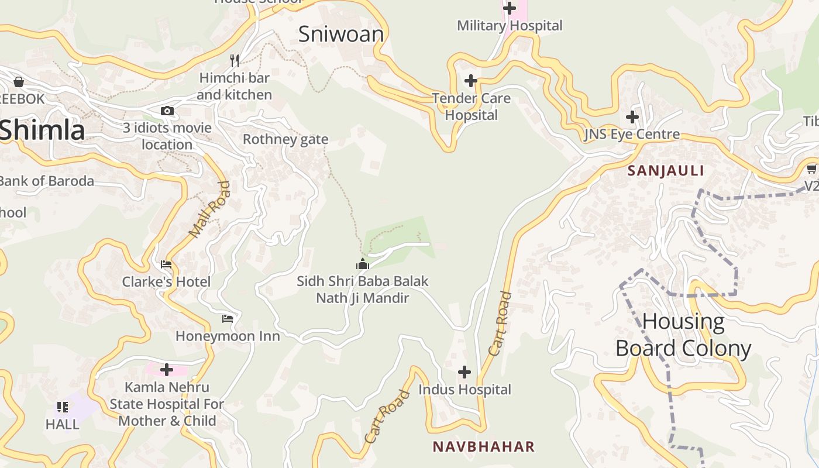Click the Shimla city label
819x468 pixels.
pos(42,130)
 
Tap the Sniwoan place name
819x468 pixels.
pos(341,34)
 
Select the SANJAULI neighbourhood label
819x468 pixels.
pos(666,171)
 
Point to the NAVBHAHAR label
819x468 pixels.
pos(484,447)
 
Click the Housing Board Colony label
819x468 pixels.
pos(683,335)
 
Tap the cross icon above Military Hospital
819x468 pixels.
pos(510,8)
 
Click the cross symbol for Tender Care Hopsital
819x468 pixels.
pos(471,81)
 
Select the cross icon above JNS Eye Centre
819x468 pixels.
pos(632,116)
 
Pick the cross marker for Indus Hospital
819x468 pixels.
pos(464,371)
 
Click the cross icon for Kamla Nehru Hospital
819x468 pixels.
pos(167,370)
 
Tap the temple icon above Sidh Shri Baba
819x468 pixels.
pos(363,264)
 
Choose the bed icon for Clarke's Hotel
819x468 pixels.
pos(166,264)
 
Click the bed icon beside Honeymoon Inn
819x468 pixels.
pos(228,319)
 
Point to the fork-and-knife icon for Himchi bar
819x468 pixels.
pos(235,60)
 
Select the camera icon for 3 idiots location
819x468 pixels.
pos(167,111)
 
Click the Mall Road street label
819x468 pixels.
pos(209,209)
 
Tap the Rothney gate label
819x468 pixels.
pos(285,139)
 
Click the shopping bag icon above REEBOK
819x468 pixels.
pos(19,82)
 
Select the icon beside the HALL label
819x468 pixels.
pos(63,407)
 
